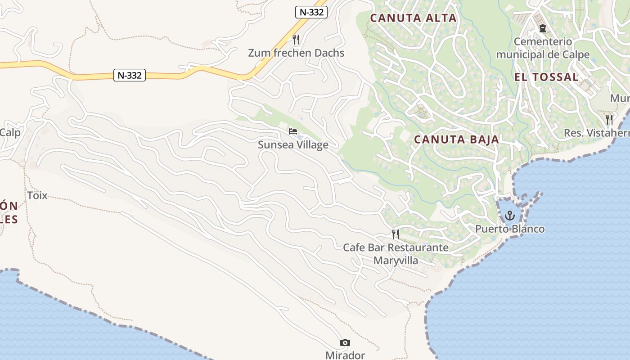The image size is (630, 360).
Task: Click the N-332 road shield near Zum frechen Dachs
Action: click(x=311, y=12)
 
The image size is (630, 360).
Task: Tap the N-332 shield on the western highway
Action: click(x=130, y=76)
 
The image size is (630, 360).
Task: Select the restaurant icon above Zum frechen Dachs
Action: click(x=296, y=40)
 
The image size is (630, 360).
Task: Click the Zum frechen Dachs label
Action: click(x=296, y=53)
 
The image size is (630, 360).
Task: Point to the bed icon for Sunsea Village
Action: click(x=293, y=131)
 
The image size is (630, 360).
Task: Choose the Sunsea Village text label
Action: click(x=293, y=145)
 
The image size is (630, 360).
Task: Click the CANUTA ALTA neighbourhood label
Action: click(x=413, y=18)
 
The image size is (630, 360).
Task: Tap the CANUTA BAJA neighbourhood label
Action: click(x=456, y=139)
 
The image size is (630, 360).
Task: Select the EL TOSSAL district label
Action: click(x=546, y=77)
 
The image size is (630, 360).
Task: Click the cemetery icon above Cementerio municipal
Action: click(x=543, y=28)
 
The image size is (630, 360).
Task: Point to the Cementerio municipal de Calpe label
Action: click(x=543, y=48)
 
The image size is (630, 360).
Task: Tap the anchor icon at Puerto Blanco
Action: click(x=509, y=216)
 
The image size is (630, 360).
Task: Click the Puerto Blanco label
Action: click(x=510, y=229)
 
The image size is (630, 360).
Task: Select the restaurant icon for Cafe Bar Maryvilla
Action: click(x=395, y=234)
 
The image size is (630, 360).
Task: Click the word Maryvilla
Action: click(x=396, y=261)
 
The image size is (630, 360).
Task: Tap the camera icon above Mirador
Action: click(x=345, y=343)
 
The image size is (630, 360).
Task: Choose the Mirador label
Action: click(x=345, y=355)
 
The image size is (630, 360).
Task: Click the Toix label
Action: click(x=37, y=196)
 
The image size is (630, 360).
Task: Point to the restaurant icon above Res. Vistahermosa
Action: click(x=609, y=119)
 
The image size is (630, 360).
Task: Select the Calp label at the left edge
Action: click(x=10, y=133)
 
